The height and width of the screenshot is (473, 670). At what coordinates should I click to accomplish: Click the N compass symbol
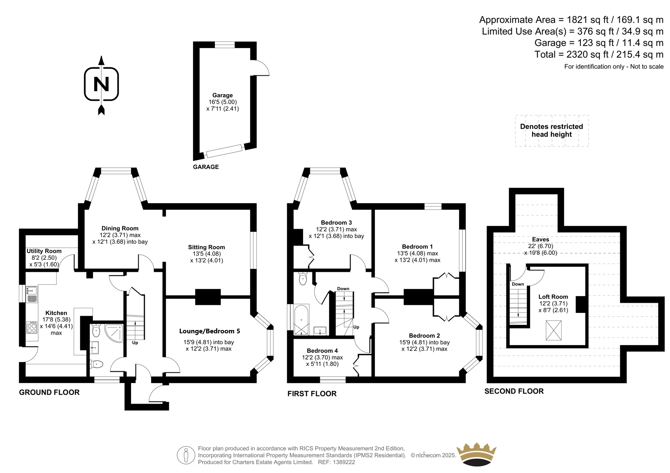(x=101, y=84)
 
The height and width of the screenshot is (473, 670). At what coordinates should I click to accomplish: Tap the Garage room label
(x=222, y=95)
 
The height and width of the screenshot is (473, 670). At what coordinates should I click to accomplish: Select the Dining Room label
(x=120, y=228)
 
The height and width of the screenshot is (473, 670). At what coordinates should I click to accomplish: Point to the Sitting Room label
(x=206, y=247)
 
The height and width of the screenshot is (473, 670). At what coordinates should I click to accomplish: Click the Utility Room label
(x=44, y=251)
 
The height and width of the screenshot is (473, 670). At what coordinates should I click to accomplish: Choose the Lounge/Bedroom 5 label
(x=209, y=331)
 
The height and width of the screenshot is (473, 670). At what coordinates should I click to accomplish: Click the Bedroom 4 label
(x=322, y=350)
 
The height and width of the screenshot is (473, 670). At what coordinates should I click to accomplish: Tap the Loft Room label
(x=553, y=297)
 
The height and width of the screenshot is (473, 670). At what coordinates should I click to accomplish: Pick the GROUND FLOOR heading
(x=49, y=392)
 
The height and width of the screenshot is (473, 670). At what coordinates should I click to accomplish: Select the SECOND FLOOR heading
(x=514, y=391)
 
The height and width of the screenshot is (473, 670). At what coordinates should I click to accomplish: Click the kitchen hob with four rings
(x=32, y=327)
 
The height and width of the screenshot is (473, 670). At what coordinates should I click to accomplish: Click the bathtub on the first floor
(x=301, y=320)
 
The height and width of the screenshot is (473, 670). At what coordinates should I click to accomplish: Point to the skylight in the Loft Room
(x=553, y=330)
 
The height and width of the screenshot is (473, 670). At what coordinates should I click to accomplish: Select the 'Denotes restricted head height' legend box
(x=551, y=130)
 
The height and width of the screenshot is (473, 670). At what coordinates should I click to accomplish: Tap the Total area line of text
(x=599, y=54)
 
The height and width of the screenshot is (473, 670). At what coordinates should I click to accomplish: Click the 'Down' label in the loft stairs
(x=518, y=284)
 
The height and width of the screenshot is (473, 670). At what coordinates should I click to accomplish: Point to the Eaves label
(x=540, y=240)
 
